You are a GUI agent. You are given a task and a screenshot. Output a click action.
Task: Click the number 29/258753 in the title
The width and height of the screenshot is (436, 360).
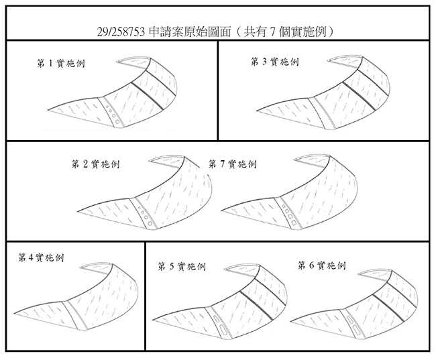tap(121, 32)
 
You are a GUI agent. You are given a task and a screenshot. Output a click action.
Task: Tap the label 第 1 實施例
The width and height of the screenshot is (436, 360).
tap(61, 64)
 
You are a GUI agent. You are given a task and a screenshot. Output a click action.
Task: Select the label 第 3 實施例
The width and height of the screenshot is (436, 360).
tap(275, 62)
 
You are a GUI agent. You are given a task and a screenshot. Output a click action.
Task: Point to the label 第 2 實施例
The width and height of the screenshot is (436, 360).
tap(95, 164)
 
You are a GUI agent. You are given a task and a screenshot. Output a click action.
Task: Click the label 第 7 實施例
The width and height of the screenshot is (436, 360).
tap(233, 164)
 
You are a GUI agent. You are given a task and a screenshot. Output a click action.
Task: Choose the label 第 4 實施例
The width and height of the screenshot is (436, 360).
tap(41, 257)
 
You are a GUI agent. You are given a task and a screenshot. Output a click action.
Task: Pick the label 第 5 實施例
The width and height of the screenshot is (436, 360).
tap(182, 267)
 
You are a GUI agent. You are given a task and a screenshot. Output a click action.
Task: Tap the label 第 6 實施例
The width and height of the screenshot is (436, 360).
tap(322, 265)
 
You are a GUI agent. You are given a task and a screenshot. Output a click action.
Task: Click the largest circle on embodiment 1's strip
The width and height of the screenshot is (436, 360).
tap(117, 121)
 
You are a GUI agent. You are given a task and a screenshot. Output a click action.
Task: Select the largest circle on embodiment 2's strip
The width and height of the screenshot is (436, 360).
tap(150, 223)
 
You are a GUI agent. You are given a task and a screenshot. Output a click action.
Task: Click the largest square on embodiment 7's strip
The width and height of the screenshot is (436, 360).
tap(294, 222)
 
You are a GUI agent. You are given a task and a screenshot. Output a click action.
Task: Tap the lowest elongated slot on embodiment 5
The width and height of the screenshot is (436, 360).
tap(223, 330)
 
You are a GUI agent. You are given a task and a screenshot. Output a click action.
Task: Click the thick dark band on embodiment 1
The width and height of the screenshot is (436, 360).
tap(148, 96)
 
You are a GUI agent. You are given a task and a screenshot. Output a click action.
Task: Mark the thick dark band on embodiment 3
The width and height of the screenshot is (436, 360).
tap(358, 95)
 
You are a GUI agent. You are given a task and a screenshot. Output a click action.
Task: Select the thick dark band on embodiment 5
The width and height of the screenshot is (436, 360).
tap(256, 305)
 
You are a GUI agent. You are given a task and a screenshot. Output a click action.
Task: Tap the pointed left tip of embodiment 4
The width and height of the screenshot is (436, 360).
tap(15, 313)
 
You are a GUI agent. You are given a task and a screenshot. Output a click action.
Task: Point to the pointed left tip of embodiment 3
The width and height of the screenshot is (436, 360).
tap(256, 111)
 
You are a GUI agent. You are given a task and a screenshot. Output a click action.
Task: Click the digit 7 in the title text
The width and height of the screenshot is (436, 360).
tap(273, 33)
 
